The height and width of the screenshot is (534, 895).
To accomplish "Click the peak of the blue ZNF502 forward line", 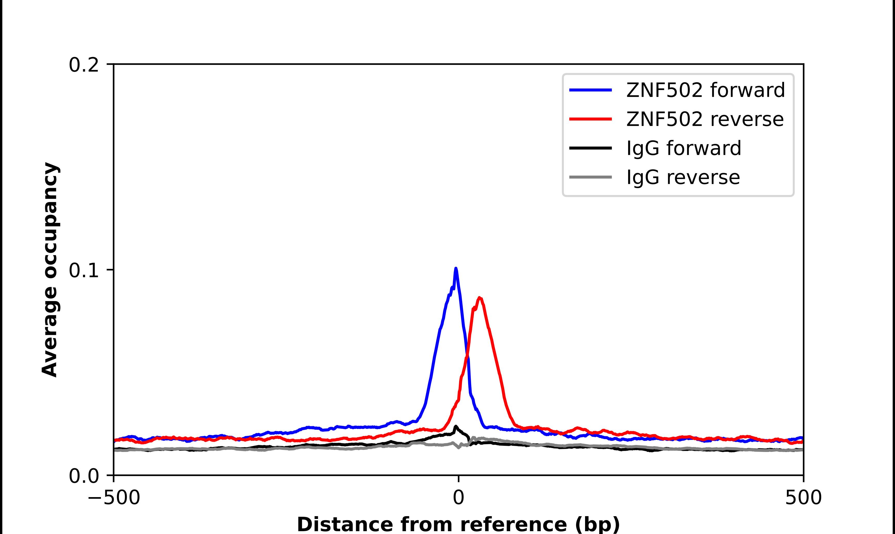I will (456, 269).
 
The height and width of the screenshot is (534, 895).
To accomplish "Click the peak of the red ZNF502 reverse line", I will (479, 298).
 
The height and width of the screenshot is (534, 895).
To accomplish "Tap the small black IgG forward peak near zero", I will (456, 427).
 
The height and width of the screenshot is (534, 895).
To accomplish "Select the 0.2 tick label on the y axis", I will (84, 65).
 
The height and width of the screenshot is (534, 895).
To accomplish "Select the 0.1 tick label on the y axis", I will (84, 271).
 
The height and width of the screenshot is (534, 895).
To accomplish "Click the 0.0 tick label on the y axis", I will (84, 476).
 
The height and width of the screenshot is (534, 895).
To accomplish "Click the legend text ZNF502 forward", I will (705, 90).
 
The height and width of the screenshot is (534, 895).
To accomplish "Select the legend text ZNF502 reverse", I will (705, 119).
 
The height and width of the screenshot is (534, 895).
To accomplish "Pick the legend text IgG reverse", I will (683, 177).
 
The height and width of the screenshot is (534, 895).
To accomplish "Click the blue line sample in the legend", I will (590, 90).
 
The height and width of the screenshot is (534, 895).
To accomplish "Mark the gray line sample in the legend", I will (590, 177).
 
